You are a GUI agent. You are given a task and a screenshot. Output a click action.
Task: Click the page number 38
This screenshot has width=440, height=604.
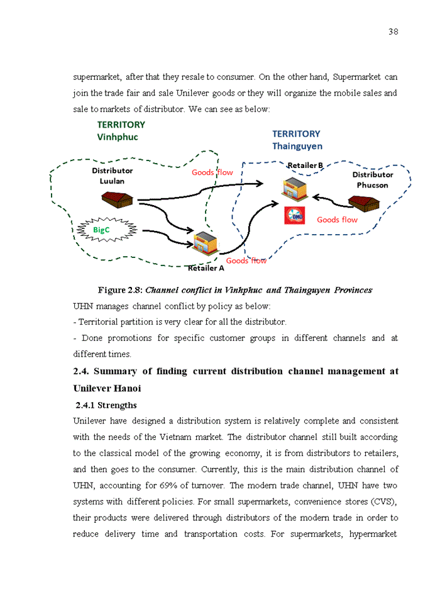click(393, 32)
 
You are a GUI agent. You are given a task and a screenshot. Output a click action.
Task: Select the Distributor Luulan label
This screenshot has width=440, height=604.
click(113, 176)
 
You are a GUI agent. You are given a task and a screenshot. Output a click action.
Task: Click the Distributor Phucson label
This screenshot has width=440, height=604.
click(373, 179)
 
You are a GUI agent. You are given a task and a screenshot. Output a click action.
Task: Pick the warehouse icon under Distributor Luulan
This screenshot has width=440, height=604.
click(117, 199)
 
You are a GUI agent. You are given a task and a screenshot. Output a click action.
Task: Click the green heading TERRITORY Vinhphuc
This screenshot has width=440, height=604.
click(121, 130)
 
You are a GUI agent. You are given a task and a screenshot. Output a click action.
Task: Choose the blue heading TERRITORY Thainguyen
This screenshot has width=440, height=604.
click(297, 140)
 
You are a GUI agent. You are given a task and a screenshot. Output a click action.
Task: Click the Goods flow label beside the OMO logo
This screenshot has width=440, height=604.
click(337, 220)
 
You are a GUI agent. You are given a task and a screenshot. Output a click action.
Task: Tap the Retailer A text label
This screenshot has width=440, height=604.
click(206, 268)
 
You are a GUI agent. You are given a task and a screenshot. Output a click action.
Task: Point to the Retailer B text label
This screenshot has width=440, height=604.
click(305, 165)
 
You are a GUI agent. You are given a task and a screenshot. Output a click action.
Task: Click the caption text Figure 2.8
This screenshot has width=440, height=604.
click(120, 290)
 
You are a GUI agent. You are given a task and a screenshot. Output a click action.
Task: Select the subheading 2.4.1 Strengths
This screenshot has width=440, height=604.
click(106, 405)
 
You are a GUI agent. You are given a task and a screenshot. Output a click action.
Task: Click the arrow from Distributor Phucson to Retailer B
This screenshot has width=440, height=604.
click(330, 200)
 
